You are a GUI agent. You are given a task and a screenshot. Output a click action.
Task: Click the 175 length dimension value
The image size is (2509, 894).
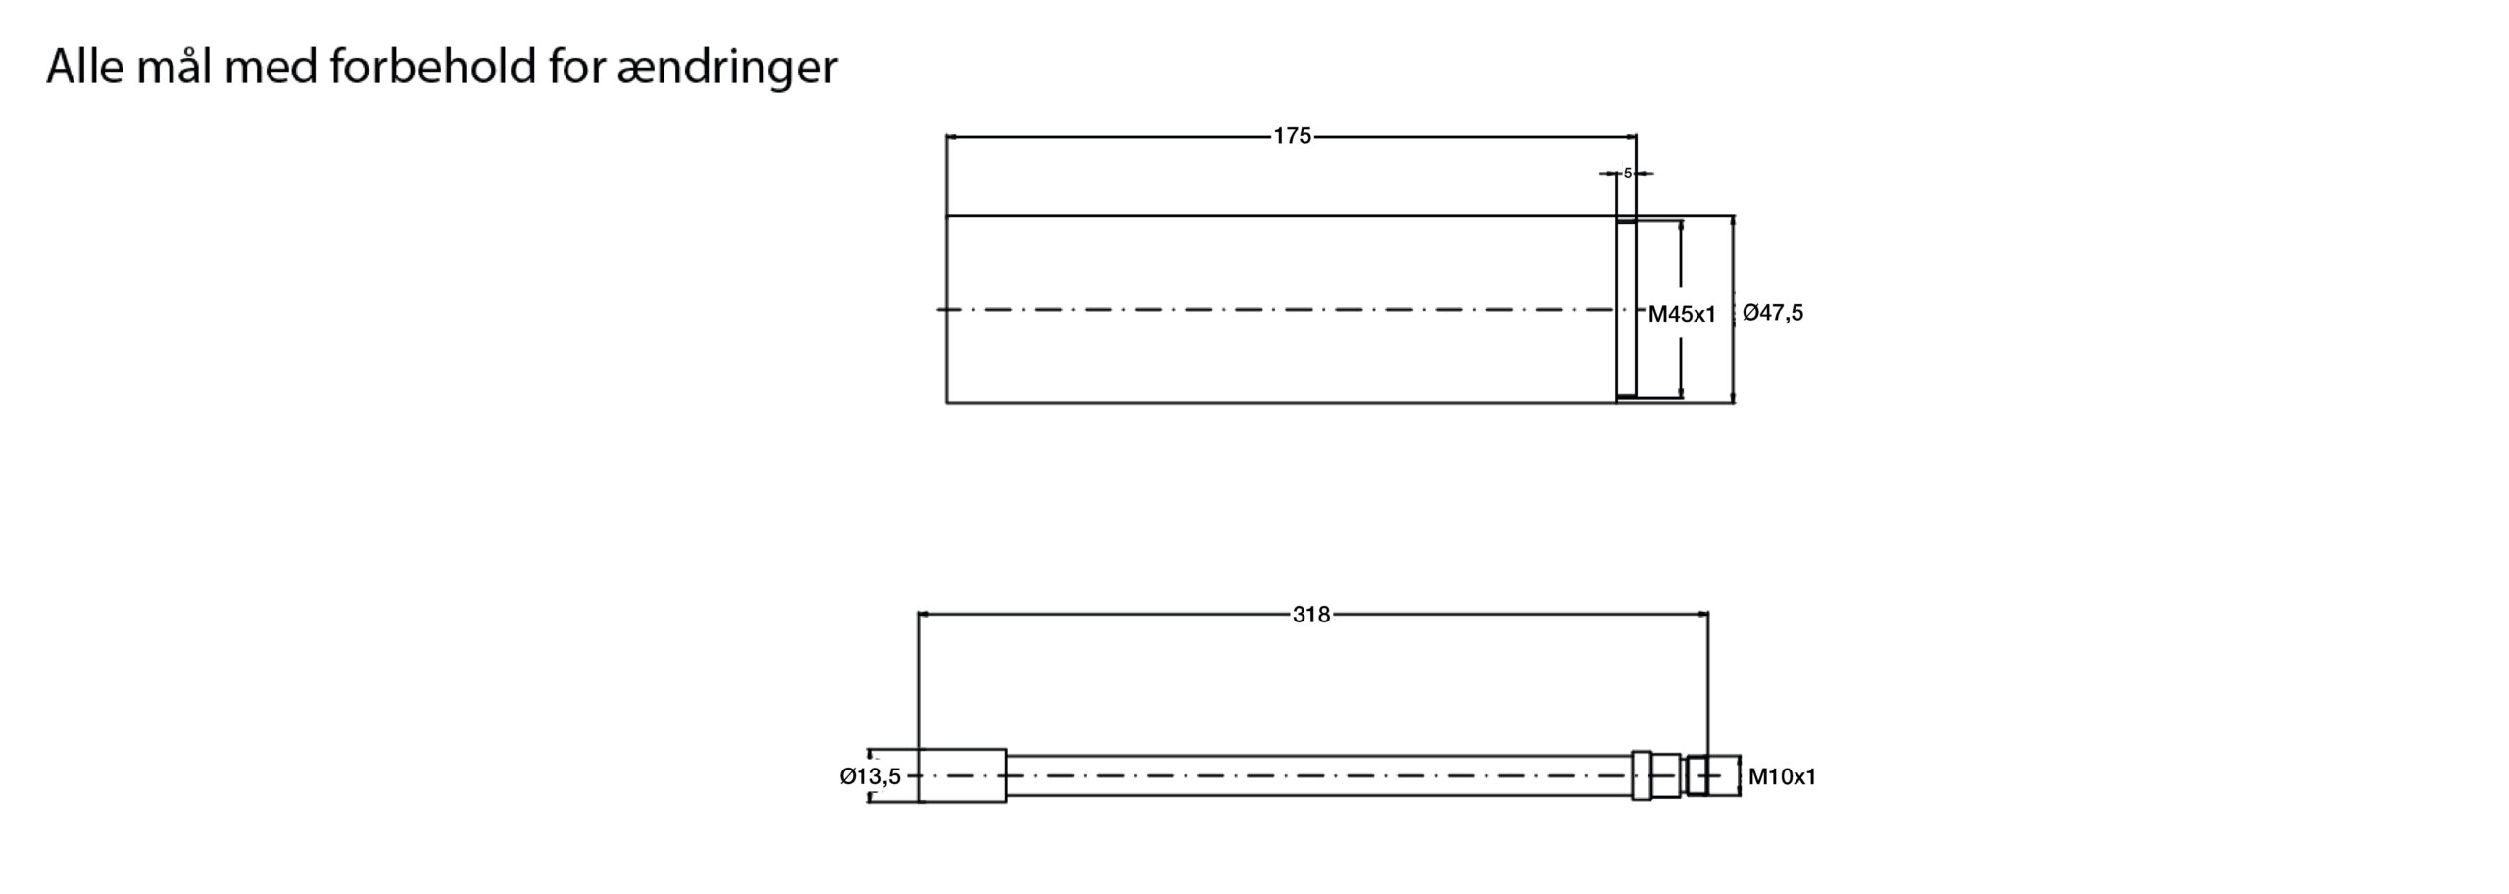tap(1292, 136)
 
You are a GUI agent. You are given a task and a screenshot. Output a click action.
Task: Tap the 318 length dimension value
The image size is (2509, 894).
tap(1311, 615)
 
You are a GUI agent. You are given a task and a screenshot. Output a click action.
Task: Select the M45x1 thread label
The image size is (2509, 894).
tap(1682, 314)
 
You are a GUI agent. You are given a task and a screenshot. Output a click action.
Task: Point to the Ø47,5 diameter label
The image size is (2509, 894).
tap(1773, 313)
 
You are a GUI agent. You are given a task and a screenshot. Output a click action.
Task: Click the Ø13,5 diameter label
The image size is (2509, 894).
tap(869, 776)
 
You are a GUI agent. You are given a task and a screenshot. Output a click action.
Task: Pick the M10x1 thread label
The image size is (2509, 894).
tap(1782, 777)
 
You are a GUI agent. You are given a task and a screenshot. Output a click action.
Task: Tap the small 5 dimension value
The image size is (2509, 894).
tap(1627, 174)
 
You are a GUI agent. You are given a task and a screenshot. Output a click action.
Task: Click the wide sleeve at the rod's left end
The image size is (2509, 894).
tap(962, 775)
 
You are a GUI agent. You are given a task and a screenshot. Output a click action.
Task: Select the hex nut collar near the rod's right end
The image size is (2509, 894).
tap(1642, 775)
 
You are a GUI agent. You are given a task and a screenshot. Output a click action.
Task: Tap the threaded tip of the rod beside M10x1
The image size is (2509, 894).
tap(1722, 775)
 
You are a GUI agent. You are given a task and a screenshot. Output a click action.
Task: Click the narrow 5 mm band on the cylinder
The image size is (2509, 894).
tap(1626, 309)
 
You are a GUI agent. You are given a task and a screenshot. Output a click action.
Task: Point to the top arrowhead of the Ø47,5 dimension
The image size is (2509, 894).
tap(1733, 222)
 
